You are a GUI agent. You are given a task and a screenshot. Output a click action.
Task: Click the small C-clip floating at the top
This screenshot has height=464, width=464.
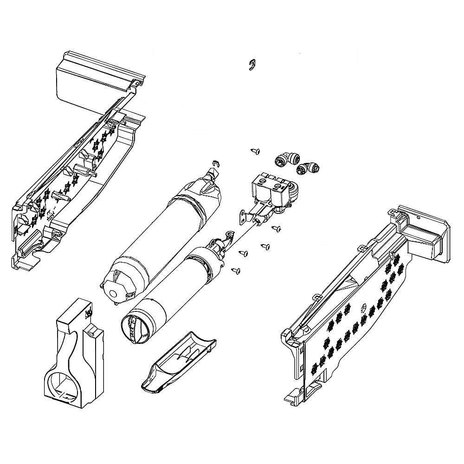[251, 65]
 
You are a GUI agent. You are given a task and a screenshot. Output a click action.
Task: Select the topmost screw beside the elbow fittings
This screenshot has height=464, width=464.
[255, 151]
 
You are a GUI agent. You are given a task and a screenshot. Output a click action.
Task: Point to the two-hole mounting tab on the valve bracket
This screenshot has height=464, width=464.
[243, 216]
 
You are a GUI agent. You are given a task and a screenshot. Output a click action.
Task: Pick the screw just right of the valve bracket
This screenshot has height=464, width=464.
[277, 228]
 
